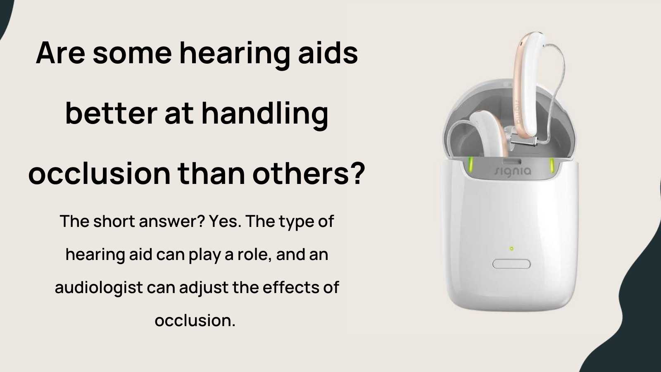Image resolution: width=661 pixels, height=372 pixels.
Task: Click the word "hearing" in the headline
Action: pos(234,54)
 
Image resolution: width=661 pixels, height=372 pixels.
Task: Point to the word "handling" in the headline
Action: pos(265,114)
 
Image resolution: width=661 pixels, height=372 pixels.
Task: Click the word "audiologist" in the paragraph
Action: pos(99,288)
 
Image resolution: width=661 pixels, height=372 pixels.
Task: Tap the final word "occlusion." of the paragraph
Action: pos(195,321)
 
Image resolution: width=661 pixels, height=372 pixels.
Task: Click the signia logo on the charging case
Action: pos(513,171)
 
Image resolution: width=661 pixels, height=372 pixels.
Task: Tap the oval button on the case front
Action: pos(511,264)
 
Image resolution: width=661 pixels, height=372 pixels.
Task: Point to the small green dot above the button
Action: pos(511,248)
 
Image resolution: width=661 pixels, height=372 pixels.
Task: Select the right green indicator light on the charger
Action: pos(551,166)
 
